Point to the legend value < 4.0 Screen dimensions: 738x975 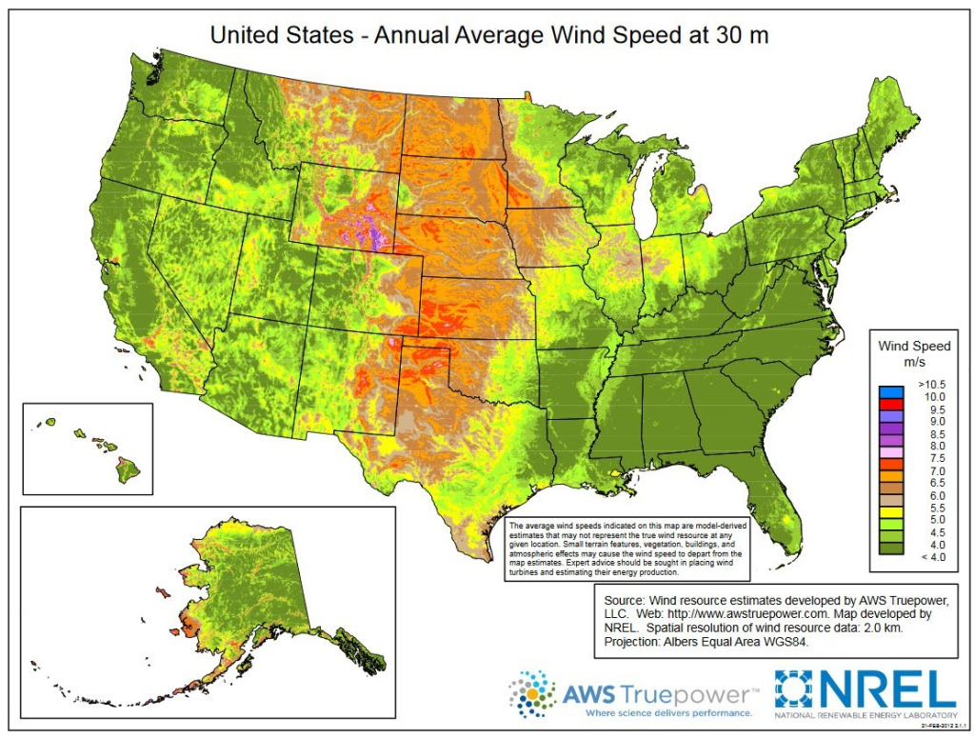point(930,557)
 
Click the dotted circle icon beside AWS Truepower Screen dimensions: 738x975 point(532,692)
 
